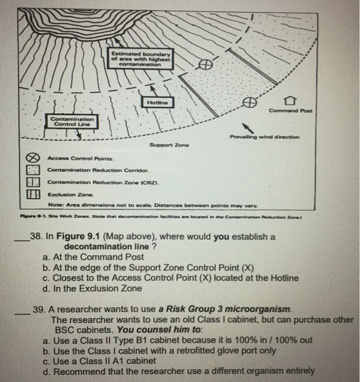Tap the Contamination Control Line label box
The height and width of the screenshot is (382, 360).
(73, 121)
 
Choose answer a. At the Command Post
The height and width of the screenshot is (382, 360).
(93, 258)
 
